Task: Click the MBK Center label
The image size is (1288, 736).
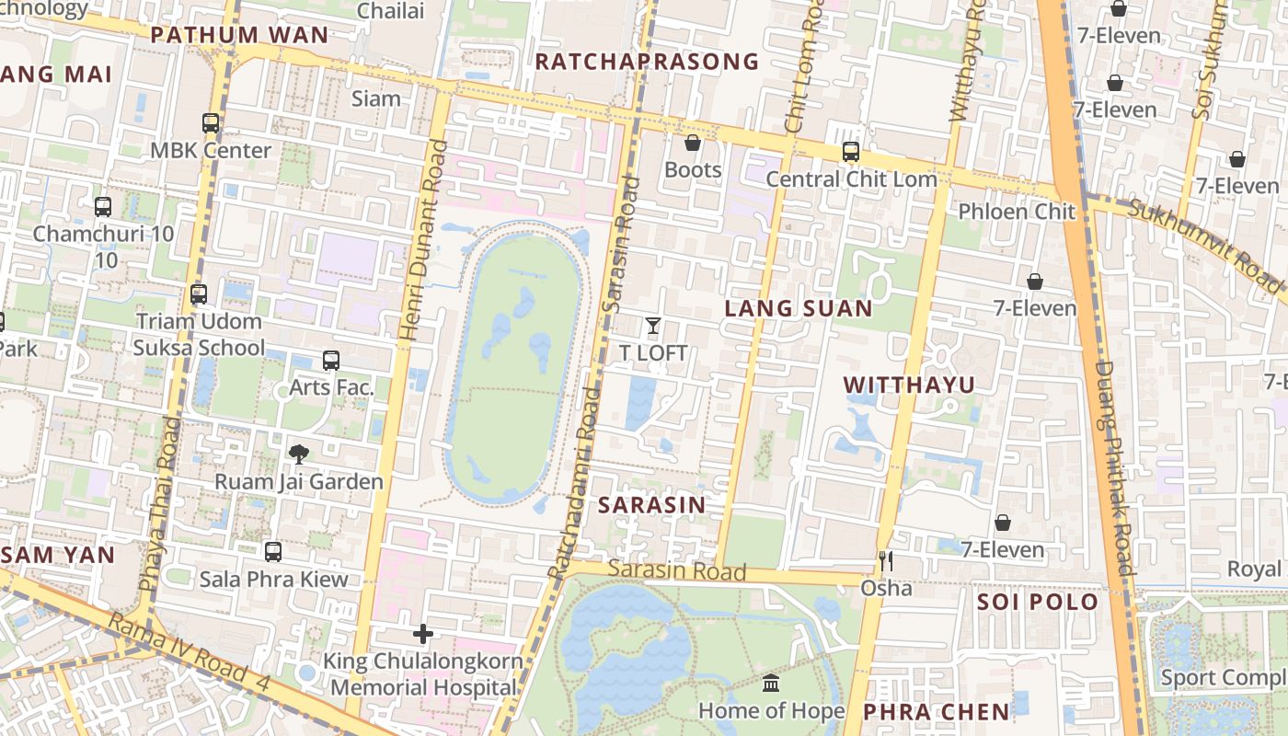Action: click(x=211, y=150)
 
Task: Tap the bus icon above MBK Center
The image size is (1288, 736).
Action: click(x=211, y=122)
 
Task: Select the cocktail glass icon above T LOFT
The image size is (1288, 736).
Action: click(x=653, y=325)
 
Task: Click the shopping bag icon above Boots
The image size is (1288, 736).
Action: click(x=693, y=143)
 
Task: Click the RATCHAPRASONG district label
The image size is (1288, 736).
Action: click(x=647, y=62)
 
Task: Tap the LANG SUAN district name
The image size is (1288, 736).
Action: click(x=798, y=308)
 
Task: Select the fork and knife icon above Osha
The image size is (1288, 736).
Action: click(x=886, y=560)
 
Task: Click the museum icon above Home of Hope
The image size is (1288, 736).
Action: click(x=771, y=684)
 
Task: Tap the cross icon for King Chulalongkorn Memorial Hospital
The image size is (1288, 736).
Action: click(x=423, y=634)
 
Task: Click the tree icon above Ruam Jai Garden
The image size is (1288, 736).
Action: click(x=298, y=454)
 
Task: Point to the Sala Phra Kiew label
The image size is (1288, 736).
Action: click(x=273, y=579)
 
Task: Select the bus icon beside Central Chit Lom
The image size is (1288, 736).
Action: click(x=851, y=152)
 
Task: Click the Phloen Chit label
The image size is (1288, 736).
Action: click(x=1017, y=211)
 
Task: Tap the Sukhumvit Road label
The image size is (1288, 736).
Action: click(x=1205, y=247)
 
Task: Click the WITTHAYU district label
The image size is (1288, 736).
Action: click(x=909, y=385)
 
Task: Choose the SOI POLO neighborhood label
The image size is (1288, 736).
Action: click(x=1038, y=602)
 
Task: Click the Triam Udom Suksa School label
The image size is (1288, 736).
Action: click(x=198, y=334)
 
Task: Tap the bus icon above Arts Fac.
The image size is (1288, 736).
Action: click(x=331, y=361)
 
